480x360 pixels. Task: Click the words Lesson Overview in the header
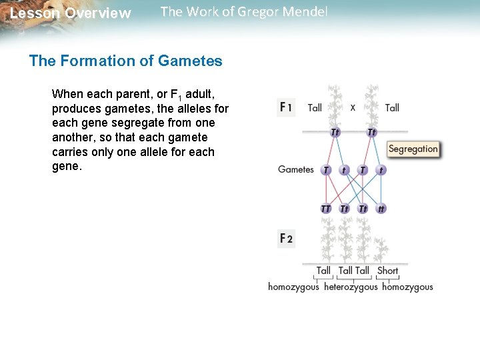71,13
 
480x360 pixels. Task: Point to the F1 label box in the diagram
286,107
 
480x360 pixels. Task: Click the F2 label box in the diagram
286,238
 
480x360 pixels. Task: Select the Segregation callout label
413,149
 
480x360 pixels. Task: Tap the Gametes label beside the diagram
295,169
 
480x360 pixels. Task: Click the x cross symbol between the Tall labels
353,107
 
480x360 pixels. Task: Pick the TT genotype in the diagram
325,209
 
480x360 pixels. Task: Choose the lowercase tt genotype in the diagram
381,209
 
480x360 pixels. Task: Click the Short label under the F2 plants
387,271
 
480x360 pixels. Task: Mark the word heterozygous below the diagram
351,287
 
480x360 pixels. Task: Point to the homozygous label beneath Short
407,287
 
